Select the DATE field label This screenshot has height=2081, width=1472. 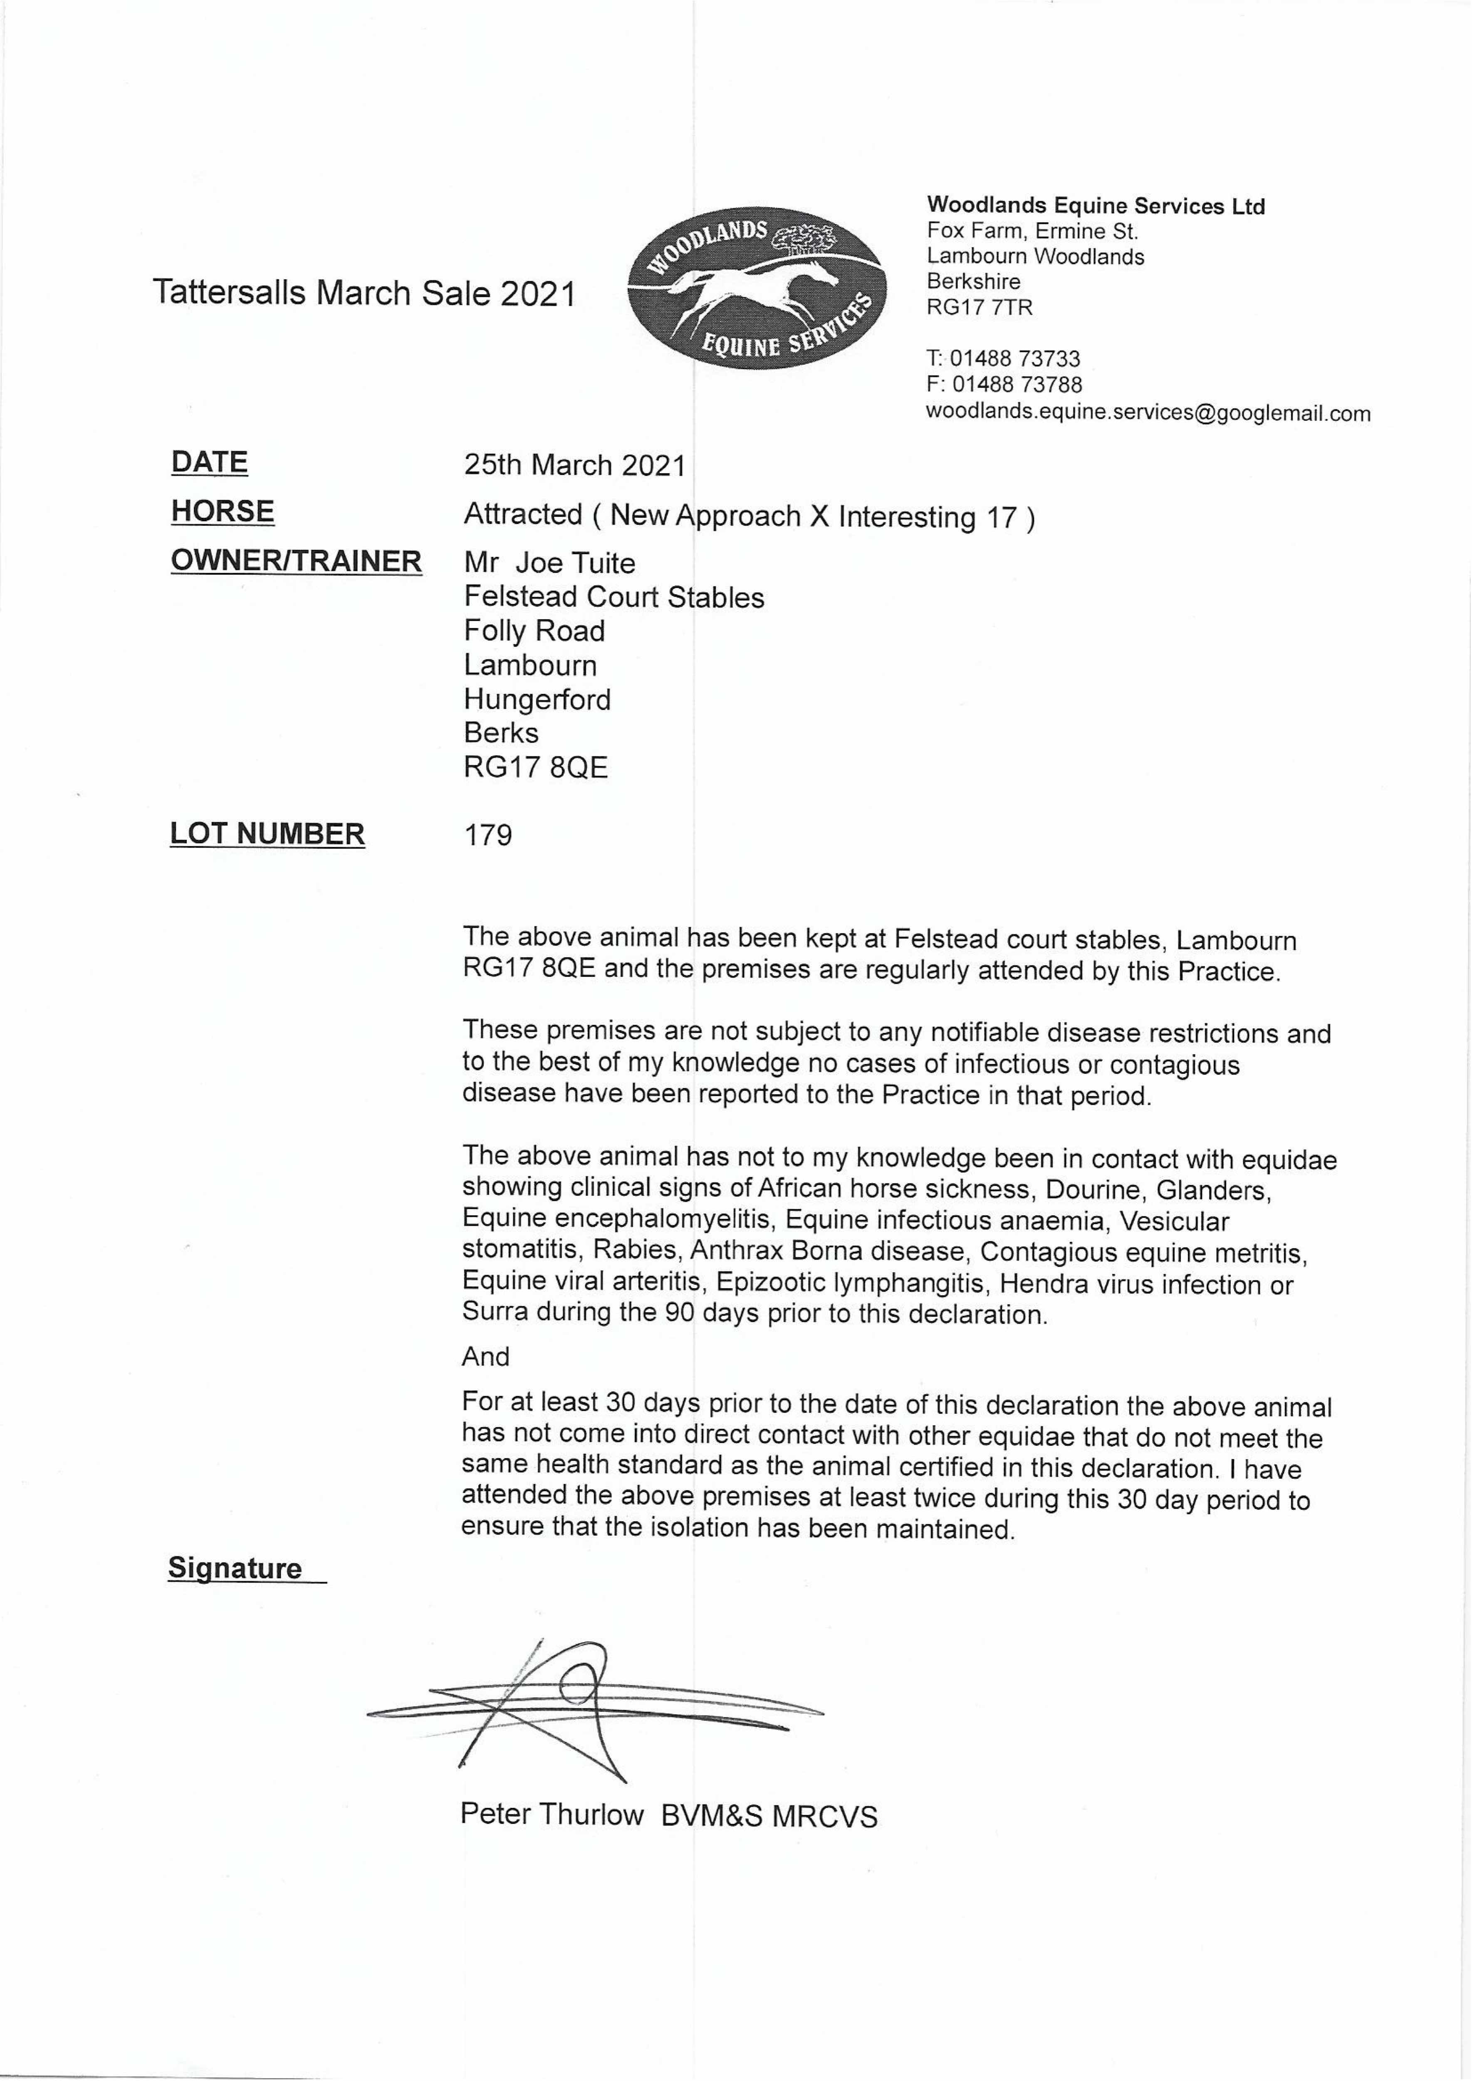tap(209, 463)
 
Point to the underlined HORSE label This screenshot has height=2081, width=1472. tap(222, 512)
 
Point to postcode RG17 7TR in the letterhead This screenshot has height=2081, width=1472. tap(979, 308)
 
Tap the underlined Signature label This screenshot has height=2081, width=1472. tap(235, 1569)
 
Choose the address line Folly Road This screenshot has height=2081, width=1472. tap(534, 631)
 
